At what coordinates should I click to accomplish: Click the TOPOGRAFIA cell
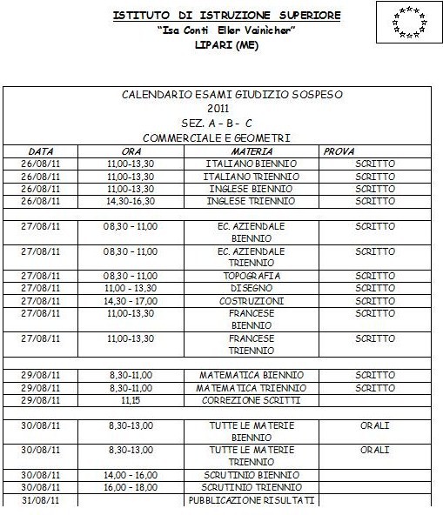[x=252, y=276]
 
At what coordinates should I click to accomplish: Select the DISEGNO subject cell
[x=252, y=288]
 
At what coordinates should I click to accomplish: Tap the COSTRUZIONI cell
[x=252, y=300]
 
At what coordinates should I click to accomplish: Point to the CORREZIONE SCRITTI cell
[x=252, y=400]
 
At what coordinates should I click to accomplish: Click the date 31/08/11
[x=41, y=501]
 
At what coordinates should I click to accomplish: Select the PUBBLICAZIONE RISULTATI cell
[x=252, y=501]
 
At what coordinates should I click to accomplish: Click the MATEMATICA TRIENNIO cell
[x=252, y=388]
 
